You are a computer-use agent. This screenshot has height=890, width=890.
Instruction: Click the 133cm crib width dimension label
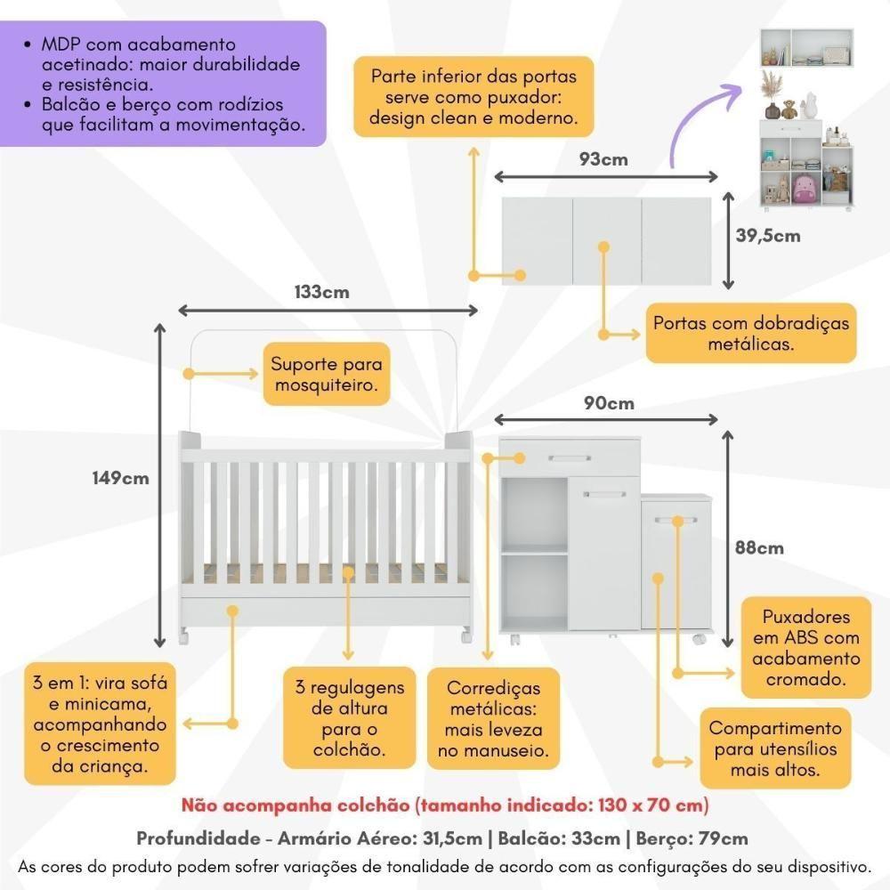[x=321, y=292]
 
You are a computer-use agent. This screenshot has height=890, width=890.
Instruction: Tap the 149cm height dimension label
[x=121, y=478]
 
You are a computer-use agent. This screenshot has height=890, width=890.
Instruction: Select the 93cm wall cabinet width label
[x=603, y=159]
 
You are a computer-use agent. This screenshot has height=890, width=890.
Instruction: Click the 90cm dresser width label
[x=609, y=403]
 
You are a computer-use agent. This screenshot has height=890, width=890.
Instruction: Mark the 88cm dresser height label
[x=758, y=547]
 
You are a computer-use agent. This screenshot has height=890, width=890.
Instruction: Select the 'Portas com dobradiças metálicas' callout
[x=751, y=333]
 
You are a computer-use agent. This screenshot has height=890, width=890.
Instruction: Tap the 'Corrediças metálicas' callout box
[x=492, y=719]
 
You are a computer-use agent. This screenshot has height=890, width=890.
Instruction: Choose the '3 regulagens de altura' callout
[x=350, y=718]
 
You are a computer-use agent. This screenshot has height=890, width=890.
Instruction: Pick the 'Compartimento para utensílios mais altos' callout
[x=774, y=749]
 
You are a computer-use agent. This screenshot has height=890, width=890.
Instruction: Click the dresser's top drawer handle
[x=570, y=458]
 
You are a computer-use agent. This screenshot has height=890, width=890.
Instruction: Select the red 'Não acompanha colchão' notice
[x=445, y=806]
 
